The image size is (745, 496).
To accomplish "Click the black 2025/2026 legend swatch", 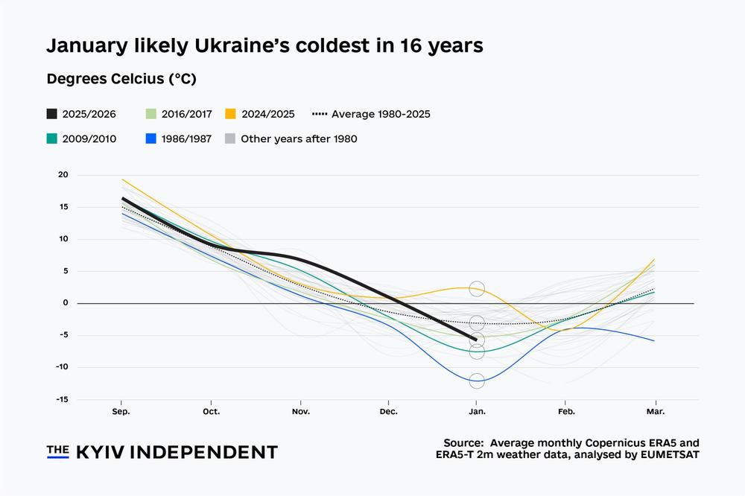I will point(51,114).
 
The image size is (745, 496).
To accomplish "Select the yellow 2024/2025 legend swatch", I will point(231,114).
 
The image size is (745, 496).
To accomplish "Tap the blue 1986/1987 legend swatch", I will point(152,139).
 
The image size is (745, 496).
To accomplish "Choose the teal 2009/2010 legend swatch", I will point(51,139).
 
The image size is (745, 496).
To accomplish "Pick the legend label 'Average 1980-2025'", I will point(381,114).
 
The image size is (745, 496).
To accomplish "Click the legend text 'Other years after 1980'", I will point(299,139).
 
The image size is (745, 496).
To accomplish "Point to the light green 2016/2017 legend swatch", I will point(152,114).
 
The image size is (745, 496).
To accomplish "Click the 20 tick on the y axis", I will point(63,175).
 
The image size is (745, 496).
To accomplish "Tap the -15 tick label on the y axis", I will point(62,399).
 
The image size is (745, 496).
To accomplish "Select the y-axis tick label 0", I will point(66,303).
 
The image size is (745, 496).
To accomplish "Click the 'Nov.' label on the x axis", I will point(300,411).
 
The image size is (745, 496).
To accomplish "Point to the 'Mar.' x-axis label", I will point(655,411).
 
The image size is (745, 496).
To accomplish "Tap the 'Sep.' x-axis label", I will point(122,411).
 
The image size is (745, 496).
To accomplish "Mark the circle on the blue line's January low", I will point(477,381).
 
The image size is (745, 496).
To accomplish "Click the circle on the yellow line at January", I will point(477,289).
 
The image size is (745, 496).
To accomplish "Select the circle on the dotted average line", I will point(477,323).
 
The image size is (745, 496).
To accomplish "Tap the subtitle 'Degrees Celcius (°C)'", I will point(121,79).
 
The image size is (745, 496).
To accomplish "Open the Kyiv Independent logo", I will point(162,452).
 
